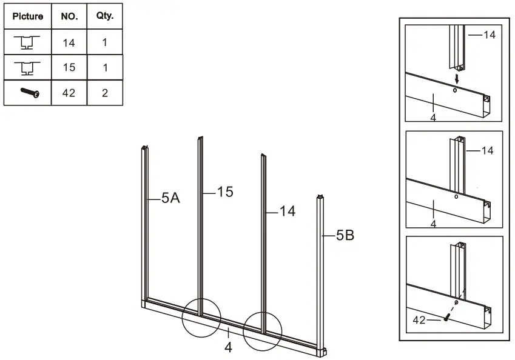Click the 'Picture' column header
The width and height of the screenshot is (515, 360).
pyautogui.click(x=28, y=16)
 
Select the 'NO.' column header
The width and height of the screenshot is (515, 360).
pyautogui.click(x=69, y=16)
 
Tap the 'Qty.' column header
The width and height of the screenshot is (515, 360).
pyautogui.click(x=105, y=16)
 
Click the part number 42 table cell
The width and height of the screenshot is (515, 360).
pyautogui.click(x=69, y=93)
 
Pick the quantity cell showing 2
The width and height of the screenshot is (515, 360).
pyautogui.click(x=105, y=93)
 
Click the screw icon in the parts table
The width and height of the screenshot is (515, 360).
pyautogui.click(x=29, y=93)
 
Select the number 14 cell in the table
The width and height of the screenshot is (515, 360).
pyautogui.click(x=69, y=42)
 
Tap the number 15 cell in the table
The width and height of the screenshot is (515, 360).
pyautogui.click(x=69, y=67)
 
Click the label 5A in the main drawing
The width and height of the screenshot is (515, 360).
pyautogui.click(x=170, y=198)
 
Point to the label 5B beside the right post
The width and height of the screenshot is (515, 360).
pyautogui.click(x=345, y=236)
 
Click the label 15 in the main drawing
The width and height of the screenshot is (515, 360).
pyautogui.click(x=225, y=192)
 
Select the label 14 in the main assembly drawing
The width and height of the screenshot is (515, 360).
pyautogui.click(x=287, y=212)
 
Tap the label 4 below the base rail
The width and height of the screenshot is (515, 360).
pyautogui.click(x=228, y=347)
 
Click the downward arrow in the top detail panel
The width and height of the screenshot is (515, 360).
pyautogui.click(x=456, y=79)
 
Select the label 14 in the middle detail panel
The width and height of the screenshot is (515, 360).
pyautogui.click(x=487, y=150)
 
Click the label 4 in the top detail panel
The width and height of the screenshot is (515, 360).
pyautogui.click(x=433, y=117)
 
